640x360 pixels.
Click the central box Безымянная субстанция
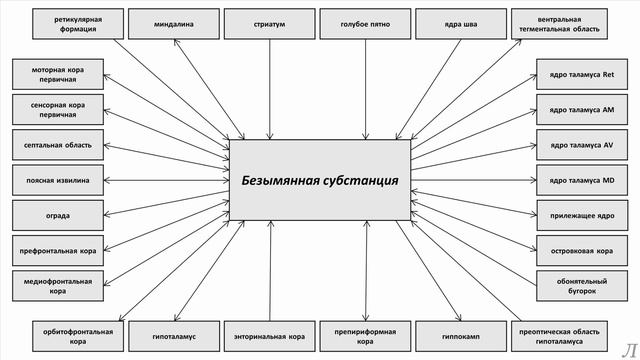319,181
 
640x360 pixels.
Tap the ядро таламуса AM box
575,110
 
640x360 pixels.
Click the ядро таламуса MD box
575,180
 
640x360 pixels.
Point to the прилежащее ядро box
575,215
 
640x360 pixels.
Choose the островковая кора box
575,250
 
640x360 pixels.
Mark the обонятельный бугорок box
575,286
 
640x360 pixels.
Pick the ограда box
58,215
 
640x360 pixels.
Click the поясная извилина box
58,180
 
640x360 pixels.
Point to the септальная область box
58,145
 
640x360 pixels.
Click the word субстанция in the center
359,181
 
